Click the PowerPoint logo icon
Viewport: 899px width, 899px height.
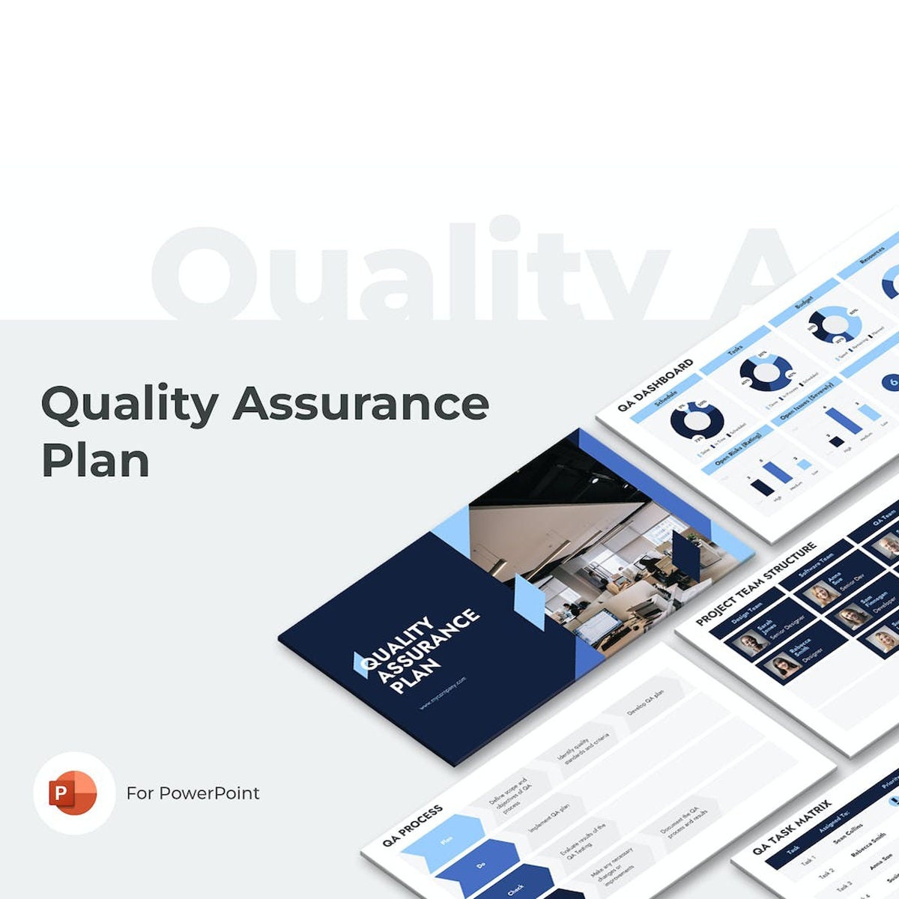73,793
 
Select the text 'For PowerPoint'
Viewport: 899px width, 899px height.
193,793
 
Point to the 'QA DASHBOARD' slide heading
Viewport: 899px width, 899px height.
656,386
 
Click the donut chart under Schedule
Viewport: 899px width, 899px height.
697,423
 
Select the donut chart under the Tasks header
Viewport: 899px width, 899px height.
766,372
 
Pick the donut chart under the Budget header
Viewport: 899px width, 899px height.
835,324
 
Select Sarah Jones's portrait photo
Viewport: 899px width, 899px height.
749,644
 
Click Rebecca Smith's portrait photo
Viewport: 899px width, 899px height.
783,665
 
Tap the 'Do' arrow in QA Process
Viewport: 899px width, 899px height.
481,866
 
